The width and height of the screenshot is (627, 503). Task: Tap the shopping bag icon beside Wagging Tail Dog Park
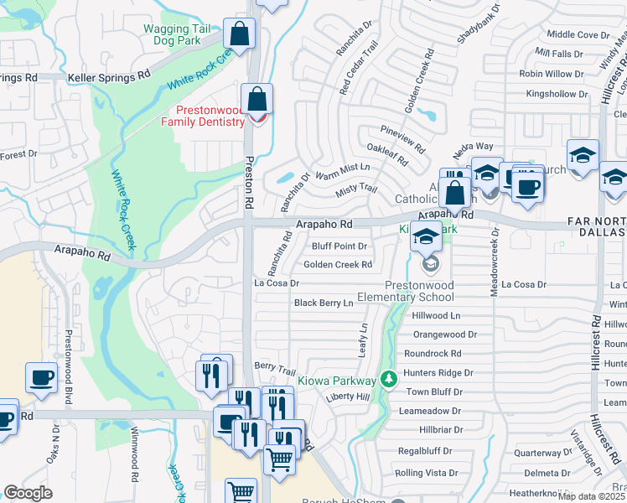coord(240,35)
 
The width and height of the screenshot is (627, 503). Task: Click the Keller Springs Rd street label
coord(108,76)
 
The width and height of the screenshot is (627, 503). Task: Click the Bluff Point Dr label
coord(339,246)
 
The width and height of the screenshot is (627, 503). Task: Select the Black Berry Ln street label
coord(324,303)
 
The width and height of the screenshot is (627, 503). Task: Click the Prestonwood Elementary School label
coord(405,291)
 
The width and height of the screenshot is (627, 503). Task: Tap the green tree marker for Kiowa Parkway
coord(387,380)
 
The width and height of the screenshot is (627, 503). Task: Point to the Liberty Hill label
coord(347,396)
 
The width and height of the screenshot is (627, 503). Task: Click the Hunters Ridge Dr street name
coord(438,372)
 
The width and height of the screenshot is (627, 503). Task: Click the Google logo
coord(28,492)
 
